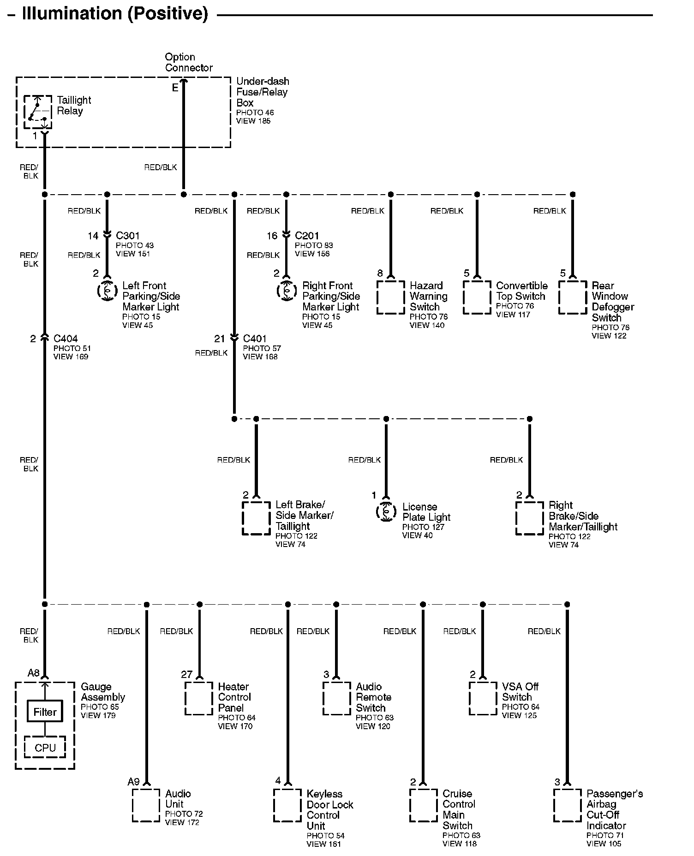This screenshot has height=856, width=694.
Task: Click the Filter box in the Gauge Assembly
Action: click(x=45, y=712)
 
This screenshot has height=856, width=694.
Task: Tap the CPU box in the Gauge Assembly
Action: click(x=45, y=748)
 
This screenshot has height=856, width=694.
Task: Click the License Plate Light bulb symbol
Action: click(x=386, y=511)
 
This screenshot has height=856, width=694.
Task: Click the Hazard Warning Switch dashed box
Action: click(x=391, y=297)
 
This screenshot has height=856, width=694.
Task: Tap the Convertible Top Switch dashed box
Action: click(x=477, y=297)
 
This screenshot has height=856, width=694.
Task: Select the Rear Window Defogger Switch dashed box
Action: click(x=573, y=297)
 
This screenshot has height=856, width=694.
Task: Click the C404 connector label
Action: click(x=66, y=339)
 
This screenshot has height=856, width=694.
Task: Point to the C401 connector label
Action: click(x=255, y=339)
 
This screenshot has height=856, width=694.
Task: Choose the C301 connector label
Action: click(x=128, y=236)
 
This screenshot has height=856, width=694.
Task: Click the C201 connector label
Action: click(x=307, y=236)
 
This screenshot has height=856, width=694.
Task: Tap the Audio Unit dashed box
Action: click(x=146, y=805)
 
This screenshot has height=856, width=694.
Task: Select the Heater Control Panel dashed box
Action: click(x=199, y=698)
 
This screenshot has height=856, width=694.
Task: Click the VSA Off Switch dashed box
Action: click(x=483, y=698)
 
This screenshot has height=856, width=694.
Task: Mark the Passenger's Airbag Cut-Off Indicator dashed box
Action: click(x=567, y=805)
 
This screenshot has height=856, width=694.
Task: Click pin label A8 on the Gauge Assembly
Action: click(x=34, y=673)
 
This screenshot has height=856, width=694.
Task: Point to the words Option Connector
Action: click(x=189, y=62)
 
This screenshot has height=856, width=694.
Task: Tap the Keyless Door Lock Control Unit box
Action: click(x=287, y=805)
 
